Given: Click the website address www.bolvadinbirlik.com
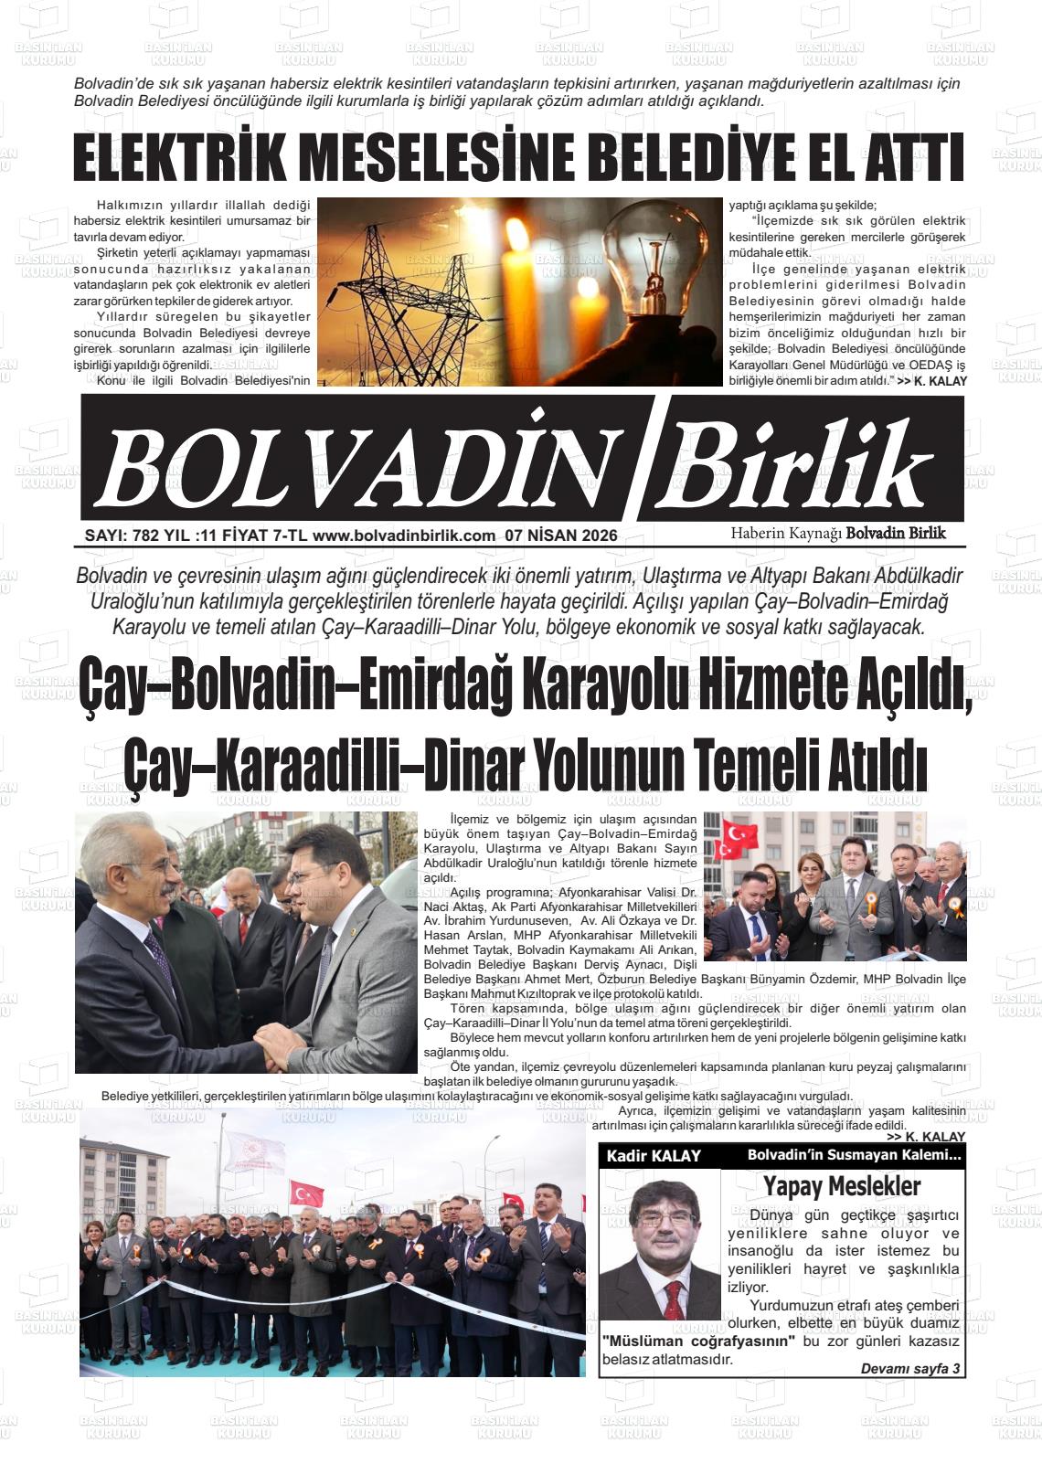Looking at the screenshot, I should coord(403,536).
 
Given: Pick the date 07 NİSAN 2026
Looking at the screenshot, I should coord(560,536).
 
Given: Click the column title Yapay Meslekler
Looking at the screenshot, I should coord(841,1186).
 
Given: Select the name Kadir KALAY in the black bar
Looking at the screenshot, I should coord(654,1156).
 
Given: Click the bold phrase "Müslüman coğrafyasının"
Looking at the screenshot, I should coord(700,1341).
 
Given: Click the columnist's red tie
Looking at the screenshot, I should coord(674,1299).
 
